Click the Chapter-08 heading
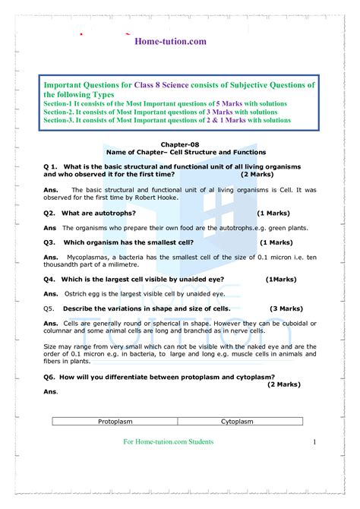[178, 144]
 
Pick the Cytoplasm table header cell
[237, 421]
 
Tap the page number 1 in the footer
[314, 442]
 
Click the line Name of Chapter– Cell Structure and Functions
[179, 152]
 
